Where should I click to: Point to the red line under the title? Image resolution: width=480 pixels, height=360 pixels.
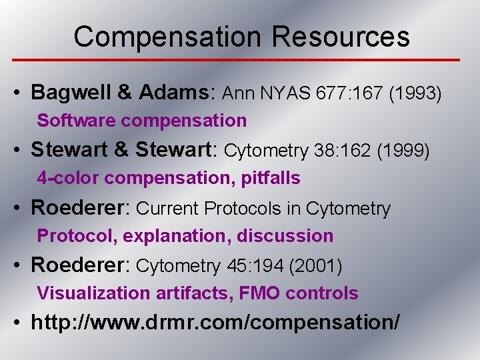click(240, 60)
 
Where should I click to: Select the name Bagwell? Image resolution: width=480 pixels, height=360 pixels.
click(72, 93)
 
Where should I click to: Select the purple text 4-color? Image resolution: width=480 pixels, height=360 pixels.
click(68, 178)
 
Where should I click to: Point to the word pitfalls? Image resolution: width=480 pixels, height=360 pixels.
click(272, 178)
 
